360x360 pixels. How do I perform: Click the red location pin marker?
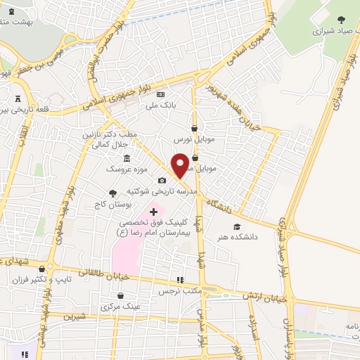point(180,165)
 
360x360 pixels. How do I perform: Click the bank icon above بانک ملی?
point(160,95)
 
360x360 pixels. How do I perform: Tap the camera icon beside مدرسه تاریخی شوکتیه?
point(162,181)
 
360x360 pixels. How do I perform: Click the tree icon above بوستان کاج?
point(112,193)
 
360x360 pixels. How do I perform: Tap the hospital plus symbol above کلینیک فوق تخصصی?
point(154,212)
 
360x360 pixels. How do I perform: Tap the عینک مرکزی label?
point(122,307)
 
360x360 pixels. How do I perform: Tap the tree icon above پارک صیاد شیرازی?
point(342,20)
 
